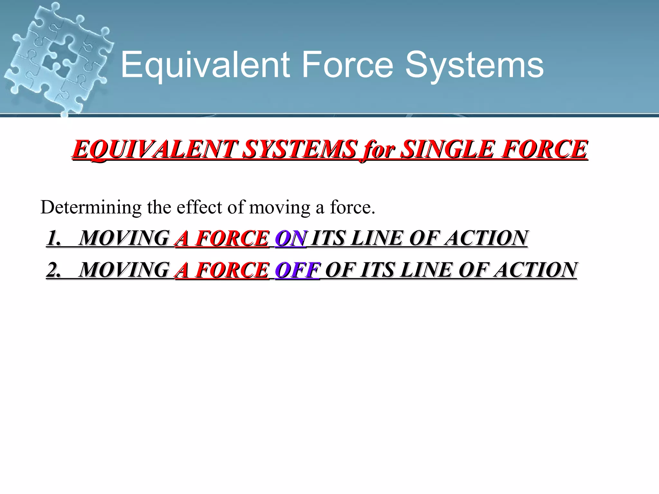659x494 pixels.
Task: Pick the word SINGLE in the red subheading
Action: pos(448,149)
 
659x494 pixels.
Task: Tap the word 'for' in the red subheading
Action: pos(378,150)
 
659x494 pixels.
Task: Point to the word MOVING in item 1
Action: pos(124,238)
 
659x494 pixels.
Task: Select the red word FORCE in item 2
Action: pos(232,270)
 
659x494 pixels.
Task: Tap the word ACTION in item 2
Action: pos(535,270)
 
